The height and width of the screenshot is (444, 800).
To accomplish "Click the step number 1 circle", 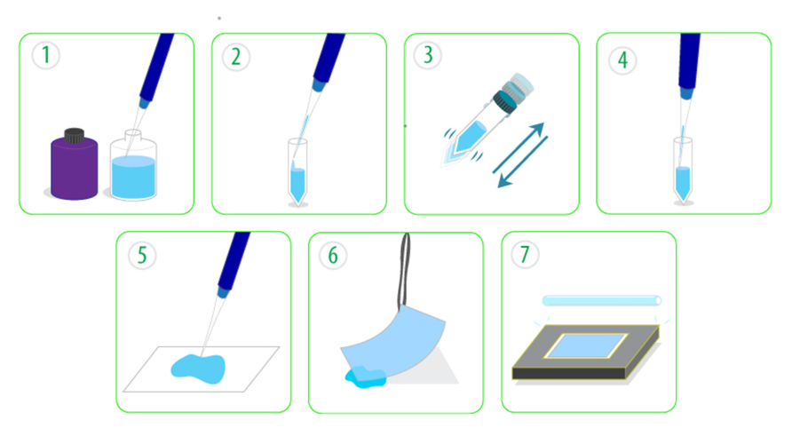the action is (x=46, y=55).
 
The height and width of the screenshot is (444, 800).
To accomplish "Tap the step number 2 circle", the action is (x=236, y=57).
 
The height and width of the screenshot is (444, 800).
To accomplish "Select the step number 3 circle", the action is (x=428, y=54).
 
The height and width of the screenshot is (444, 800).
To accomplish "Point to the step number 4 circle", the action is (x=622, y=60).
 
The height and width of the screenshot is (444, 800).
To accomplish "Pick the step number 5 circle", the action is (x=142, y=255).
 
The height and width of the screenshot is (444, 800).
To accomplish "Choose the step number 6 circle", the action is (x=333, y=255).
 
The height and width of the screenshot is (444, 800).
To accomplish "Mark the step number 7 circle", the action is (x=525, y=254).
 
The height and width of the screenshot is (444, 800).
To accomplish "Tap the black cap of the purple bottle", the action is (x=74, y=135).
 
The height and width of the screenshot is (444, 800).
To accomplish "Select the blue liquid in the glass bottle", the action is (x=133, y=177).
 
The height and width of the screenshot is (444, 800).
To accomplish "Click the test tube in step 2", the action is (x=297, y=171).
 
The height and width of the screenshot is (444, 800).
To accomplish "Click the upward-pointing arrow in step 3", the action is (x=519, y=148).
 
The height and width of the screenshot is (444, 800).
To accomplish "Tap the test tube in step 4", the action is (x=683, y=170).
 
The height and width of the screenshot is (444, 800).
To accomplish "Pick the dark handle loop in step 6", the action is (x=404, y=271).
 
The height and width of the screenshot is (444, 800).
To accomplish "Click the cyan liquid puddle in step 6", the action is (x=365, y=377).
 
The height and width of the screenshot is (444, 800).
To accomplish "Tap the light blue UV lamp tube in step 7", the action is (x=602, y=301).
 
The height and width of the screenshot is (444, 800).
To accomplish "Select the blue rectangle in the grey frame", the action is (x=586, y=346).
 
